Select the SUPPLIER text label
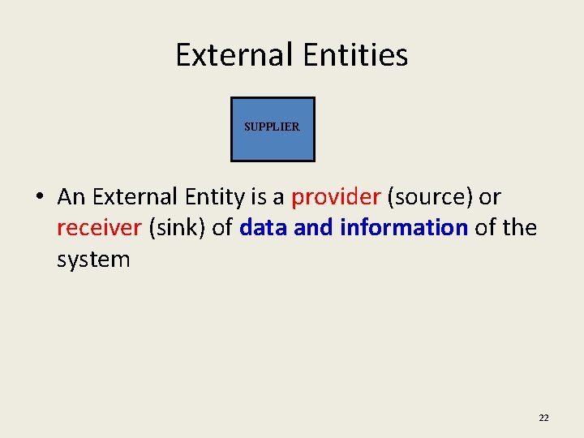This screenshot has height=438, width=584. pyautogui.click(x=272, y=127)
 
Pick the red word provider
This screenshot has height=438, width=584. pyautogui.click(x=336, y=196)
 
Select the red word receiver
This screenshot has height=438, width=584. pyautogui.click(x=99, y=228)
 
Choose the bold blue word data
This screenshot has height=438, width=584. pyautogui.click(x=264, y=228)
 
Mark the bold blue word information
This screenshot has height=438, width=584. pyautogui.click(x=403, y=228)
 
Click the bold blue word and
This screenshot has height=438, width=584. pyautogui.click(x=316, y=228)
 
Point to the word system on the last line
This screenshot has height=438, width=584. pyautogui.click(x=93, y=260)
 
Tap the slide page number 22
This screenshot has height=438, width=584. pyautogui.click(x=543, y=418)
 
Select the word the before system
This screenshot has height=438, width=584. pyautogui.click(x=520, y=228)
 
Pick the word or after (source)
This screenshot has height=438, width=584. pyautogui.click(x=491, y=196)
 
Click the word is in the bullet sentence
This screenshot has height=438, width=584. pyautogui.click(x=258, y=196)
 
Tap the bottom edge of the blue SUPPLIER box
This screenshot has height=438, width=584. pyautogui.click(x=273, y=161)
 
